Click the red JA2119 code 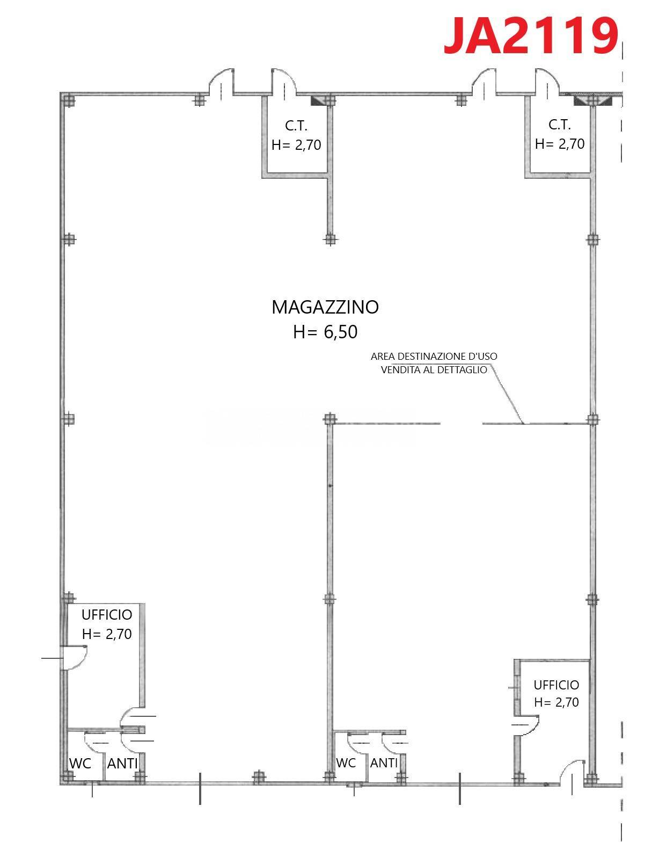click(x=531, y=36)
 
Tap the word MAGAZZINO click(x=325, y=307)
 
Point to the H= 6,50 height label click(x=325, y=332)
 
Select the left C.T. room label click(x=296, y=126)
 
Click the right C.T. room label click(x=559, y=125)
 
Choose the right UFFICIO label click(x=556, y=685)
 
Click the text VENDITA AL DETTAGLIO click(x=434, y=370)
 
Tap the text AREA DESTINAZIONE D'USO click(x=434, y=357)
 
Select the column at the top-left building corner click(x=69, y=100)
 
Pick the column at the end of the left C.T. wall click(x=330, y=239)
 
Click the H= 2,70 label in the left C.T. click(x=296, y=145)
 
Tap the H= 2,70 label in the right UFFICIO click(x=556, y=702)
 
